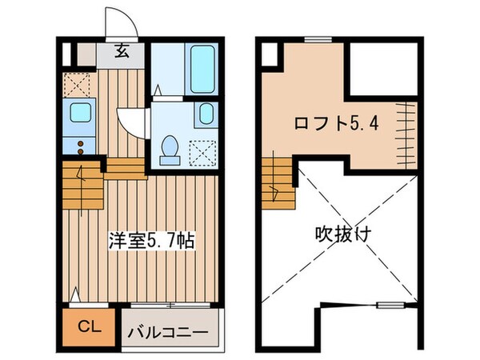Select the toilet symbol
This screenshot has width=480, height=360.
pyautogui.click(x=169, y=146)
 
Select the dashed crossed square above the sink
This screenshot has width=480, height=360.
pyautogui.click(x=78, y=84)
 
